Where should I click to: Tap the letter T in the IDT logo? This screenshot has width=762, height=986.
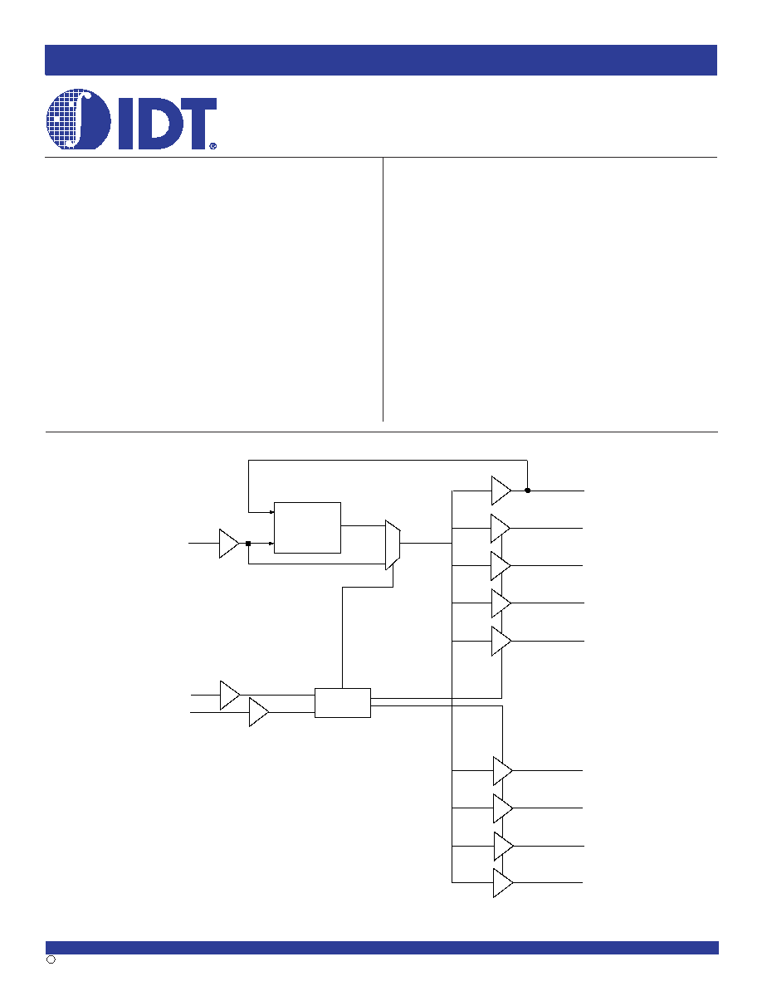[194, 123]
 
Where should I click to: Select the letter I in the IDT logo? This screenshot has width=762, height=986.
[125, 123]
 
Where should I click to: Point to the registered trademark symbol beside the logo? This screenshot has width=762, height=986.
[212, 145]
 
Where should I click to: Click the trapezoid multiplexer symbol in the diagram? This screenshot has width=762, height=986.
[393, 544]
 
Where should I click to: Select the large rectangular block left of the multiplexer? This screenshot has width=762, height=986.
[307, 528]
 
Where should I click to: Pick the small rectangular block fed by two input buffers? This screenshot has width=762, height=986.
[343, 702]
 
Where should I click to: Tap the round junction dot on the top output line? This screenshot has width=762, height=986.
[527, 491]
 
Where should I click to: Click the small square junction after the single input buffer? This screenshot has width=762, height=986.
[248, 544]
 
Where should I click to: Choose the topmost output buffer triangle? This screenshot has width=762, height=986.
[501, 491]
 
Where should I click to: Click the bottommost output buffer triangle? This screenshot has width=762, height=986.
[503, 883]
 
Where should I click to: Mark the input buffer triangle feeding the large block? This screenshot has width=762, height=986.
[229, 544]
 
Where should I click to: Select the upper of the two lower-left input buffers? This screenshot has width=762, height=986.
[230, 695]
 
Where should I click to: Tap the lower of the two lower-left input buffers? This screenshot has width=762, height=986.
[259, 712]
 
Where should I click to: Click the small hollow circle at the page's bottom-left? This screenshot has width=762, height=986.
[51, 959]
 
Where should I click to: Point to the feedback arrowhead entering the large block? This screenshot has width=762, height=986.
[271, 512]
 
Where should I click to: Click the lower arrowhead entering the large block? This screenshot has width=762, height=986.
[271, 544]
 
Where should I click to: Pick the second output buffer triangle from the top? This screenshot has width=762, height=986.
[501, 528]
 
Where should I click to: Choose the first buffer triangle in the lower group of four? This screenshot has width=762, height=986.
[503, 770]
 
